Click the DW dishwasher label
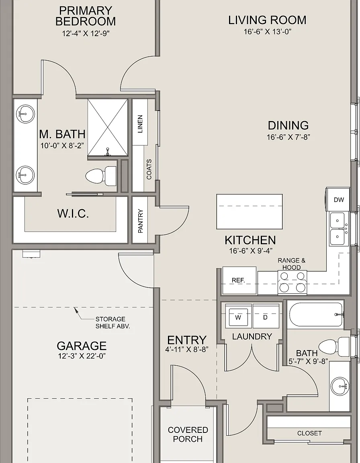[339, 200]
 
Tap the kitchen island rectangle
[250, 211]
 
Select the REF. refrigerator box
[239, 280]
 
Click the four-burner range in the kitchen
[292, 282]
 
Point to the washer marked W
[238, 316]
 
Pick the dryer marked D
[266, 316]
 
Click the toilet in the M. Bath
[101, 176]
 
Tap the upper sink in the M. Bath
[25, 114]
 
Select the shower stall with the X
[108, 127]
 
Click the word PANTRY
[141, 221]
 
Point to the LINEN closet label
[140, 124]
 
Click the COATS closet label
[149, 169]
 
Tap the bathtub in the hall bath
[316, 314]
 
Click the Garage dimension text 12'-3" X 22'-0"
[82, 356]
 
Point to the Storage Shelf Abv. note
[112, 322]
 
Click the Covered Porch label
[188, 434]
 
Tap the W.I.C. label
[73, 213]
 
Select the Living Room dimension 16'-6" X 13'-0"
[267, 32]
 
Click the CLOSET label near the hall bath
[309, 433]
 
